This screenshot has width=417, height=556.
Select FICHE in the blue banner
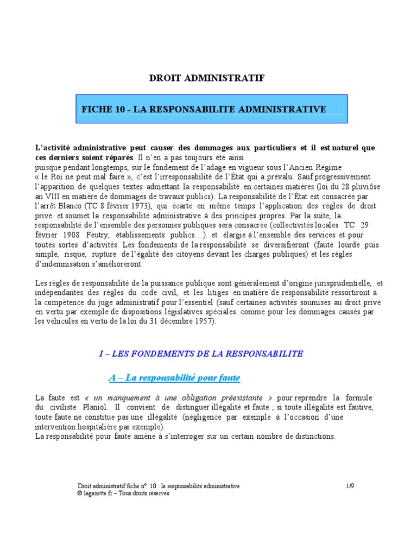[97, 109]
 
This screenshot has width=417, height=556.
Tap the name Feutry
[98, 236]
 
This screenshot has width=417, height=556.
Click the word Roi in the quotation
[58, 177]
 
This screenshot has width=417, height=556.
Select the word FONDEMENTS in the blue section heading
[157, 353]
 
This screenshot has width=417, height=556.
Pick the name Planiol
[90, 407]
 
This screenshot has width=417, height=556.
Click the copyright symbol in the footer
[80, 494]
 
